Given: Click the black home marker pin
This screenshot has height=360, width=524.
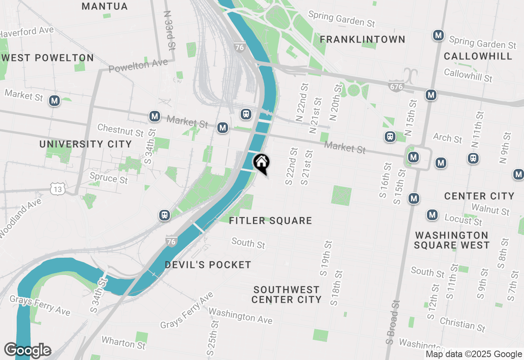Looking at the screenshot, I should [x=261, y=163].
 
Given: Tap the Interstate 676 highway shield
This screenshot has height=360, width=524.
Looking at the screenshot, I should [x=396, y=86].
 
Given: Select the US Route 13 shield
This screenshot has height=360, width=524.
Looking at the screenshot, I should [x=57, y=189].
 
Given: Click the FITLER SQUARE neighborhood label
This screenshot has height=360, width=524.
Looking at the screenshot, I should [x=271, y=221].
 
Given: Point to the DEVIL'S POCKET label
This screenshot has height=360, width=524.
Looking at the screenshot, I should [x=208, y=265].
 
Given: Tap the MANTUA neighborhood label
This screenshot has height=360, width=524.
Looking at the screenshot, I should [x=105, y=7].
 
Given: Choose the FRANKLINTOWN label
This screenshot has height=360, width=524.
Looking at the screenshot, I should [x=362, y=40].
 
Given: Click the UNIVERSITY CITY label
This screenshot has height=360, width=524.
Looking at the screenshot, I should [x=86, y=144].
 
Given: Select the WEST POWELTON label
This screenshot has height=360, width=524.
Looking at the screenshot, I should [x=47, y=58].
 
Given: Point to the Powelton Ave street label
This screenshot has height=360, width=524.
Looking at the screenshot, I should [x=138, y=65].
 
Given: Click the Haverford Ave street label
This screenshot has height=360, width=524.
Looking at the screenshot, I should [x=27, y=32].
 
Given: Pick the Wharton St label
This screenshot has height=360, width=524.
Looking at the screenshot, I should [x=123, y=342].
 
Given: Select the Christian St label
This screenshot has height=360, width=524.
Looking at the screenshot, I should [x=463, y=324].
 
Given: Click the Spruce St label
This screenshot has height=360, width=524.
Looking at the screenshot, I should [x=108, y=178].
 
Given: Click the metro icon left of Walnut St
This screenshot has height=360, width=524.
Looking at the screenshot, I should [x=414, y=199].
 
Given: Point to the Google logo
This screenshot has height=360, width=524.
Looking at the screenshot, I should [x=27, y=351].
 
